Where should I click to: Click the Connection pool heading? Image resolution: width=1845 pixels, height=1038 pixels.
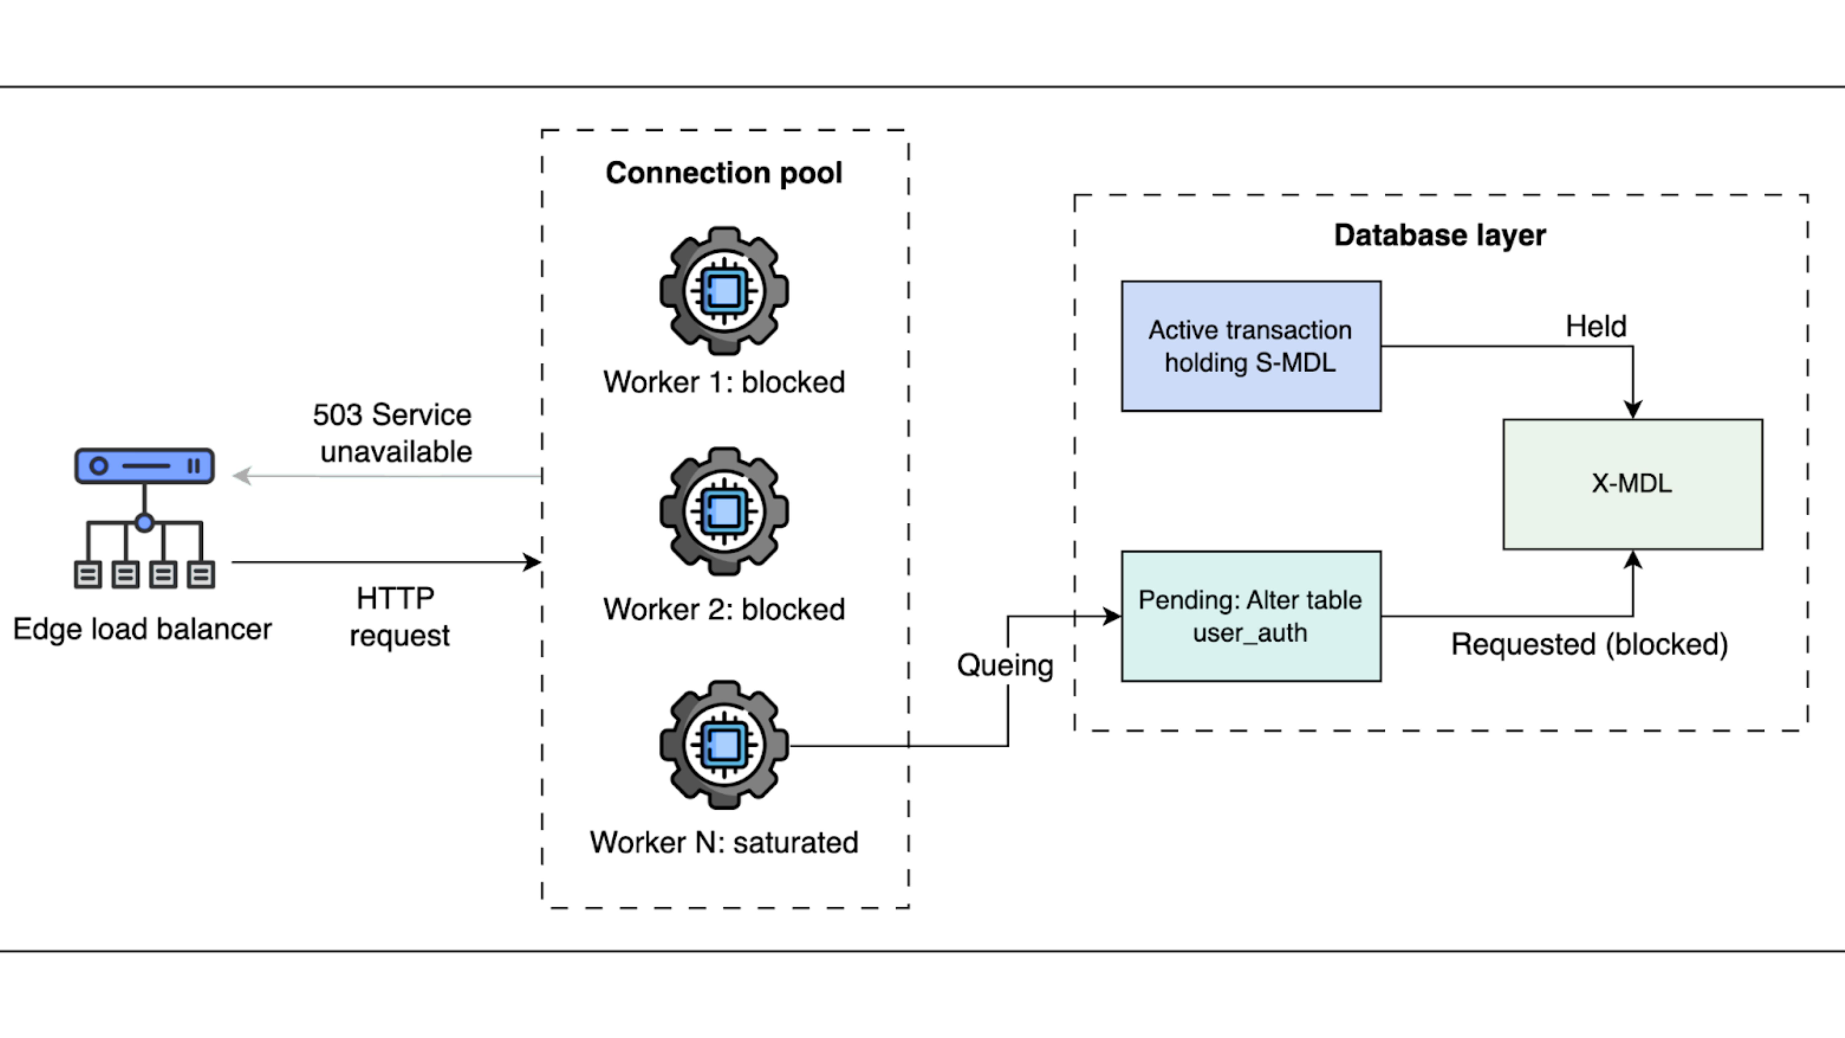[x=723, y=173]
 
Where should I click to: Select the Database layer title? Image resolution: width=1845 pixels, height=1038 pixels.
[x=1440, y=235]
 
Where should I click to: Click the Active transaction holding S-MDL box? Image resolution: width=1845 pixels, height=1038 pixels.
[x=1251, y=346]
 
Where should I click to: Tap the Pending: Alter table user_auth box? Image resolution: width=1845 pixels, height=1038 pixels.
[x=1251, y=616]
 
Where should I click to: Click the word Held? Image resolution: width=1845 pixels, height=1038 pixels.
[x=1596, y=327]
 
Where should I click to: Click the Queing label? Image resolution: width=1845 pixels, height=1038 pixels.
[x=1005, y=666]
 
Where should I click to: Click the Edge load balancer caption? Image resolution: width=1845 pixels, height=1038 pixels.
[x=143, y=629]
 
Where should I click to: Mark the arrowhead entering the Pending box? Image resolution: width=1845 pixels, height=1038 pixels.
[x=1112, y=616]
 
